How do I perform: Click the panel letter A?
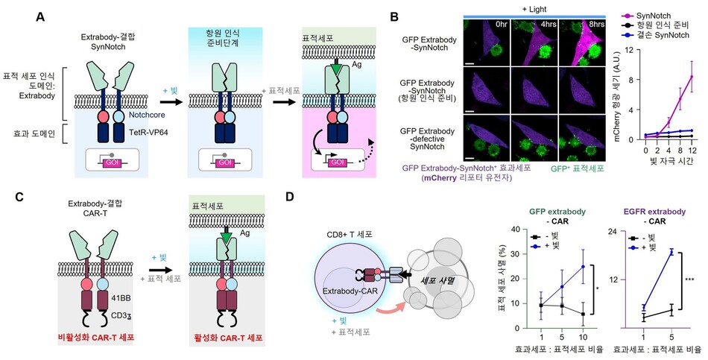click(40, 17)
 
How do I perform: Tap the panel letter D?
click(291, 197)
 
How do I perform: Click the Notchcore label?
click(147, 116)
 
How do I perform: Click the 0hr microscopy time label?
click(502, 24)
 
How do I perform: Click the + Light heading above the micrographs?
click(534, 10)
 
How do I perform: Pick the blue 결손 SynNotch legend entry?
click(655, 35)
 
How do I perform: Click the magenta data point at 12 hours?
click(692, 76)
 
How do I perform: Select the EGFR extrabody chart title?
click(656, 212)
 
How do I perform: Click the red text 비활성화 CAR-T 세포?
click(96, 337)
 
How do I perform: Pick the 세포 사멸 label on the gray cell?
click(432, 281)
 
